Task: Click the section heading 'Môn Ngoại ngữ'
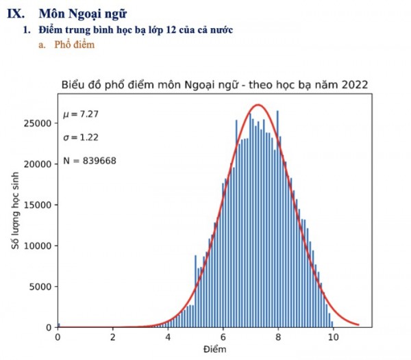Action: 83,13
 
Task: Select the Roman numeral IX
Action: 25,13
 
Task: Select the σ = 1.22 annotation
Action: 81,137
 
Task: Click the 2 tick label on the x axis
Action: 113,337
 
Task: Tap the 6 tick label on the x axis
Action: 223,337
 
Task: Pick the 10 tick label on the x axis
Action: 333,337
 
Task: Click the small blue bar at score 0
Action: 58,325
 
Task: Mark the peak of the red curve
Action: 258,105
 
